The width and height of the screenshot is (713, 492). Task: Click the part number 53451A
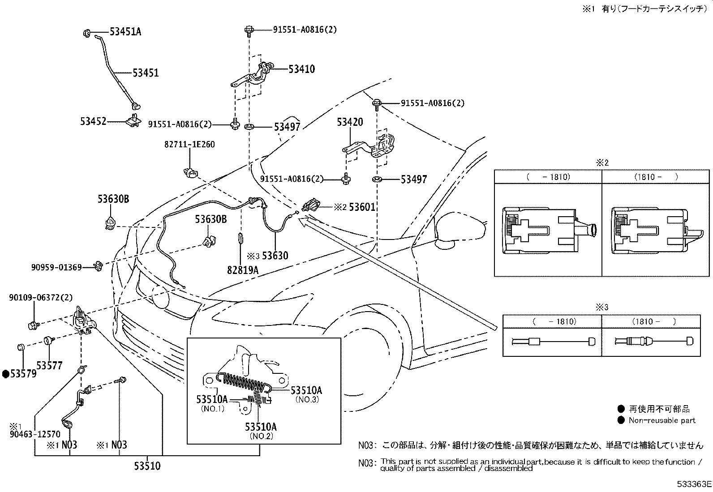coord(125,32)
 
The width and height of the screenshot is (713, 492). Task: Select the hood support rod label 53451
coord(146,73)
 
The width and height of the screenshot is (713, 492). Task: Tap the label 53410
coord(302,69)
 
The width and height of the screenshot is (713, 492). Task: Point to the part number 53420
coord(350,122)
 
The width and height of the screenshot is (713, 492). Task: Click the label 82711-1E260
coord(189,145)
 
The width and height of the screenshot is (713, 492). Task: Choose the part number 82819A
coord(243,270)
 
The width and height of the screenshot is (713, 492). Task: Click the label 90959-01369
coord(56,267)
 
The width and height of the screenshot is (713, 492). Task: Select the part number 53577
coord(49,365)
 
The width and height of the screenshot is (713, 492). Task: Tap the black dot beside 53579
coord(5,374)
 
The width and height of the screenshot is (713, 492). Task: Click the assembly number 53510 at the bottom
coord(147,466)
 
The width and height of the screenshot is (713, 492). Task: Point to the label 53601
coord(362,207)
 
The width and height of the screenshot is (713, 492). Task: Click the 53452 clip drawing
coord(133,120)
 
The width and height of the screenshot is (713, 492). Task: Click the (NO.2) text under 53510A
coord(261,436)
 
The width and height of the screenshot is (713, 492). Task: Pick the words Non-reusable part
coord(662,420)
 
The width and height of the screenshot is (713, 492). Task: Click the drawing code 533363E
coord(694,484)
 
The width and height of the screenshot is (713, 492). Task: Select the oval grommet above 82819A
coord(241,238)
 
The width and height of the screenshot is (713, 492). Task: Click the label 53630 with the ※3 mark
coord(267,256)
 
